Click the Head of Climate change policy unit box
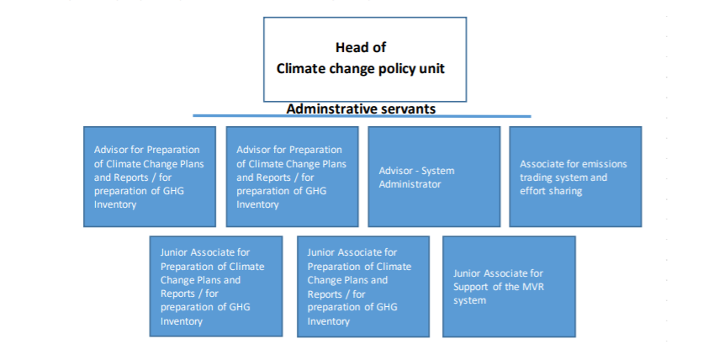[365, 59]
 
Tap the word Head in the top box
[361, 48]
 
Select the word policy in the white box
[396, 69]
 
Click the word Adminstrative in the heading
[330, 109]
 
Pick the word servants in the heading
[406, 109]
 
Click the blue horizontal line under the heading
[362, 116]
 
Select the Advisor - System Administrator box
[434, 177]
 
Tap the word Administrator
[410, 184]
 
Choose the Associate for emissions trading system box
[575, 177]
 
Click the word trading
[535, 177]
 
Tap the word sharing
[566, 191]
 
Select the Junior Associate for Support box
[509, 287]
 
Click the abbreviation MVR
[534, 287]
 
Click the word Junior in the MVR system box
[467, 273]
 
